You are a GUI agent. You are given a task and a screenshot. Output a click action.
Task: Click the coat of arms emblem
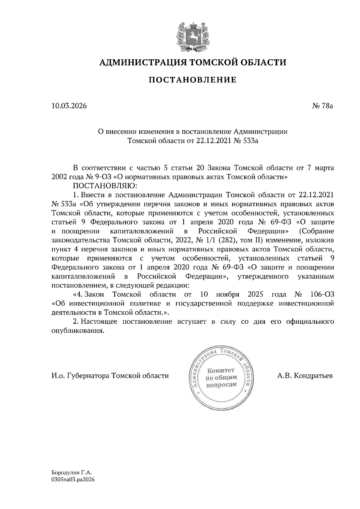pyautogui.click(x=192, y=35)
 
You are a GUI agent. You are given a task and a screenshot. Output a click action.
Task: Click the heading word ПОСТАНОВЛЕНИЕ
pyautogui.click(x=193, y=80)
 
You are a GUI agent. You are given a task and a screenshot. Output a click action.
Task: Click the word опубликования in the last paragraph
pyautogui.click(x=78, y=331)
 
